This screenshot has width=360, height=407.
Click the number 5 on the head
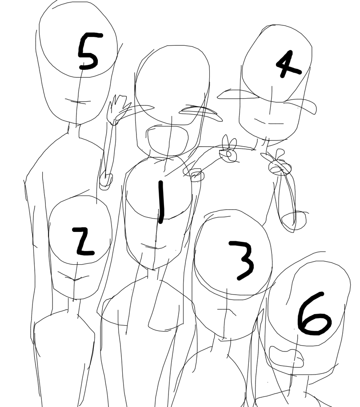88,51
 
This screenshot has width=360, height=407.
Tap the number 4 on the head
288,64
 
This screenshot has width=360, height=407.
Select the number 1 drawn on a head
161,202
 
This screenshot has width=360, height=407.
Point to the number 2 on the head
84,241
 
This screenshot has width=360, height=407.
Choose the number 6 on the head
314,314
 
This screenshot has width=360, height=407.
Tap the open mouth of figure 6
286,357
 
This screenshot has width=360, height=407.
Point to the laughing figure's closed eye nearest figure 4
201,112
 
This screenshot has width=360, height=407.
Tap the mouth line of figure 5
78,101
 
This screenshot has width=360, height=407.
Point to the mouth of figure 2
73,277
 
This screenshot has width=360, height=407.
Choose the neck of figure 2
73,306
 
